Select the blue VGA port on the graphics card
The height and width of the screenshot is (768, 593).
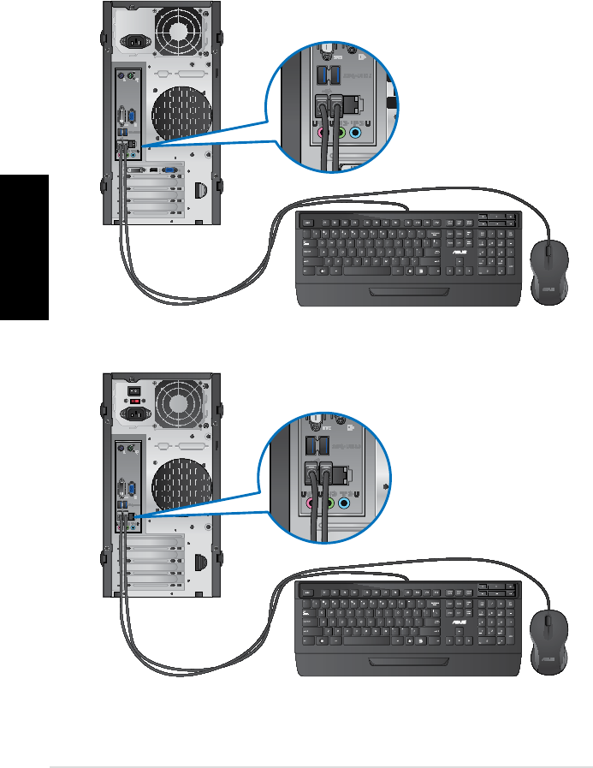[x=172, y=170]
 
